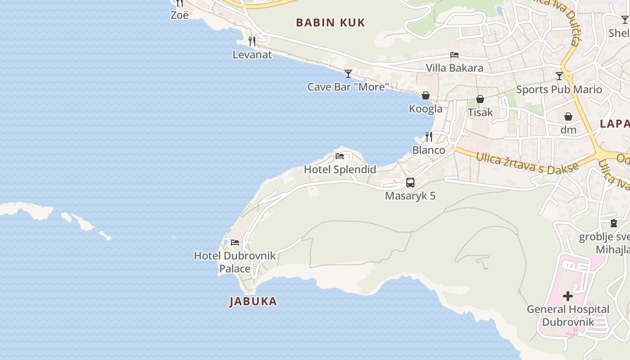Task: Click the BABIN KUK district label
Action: [x=330, y=22]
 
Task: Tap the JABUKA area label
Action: [x=253, y=301]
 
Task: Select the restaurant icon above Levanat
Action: [x=252, y=41]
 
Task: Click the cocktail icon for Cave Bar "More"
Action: [x=348, y=74]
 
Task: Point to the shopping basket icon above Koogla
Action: [x=425, y=95]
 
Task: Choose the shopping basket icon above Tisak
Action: [x=480, y=99]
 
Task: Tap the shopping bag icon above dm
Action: [x=568, y=117]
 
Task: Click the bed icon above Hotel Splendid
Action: [x=340, y=156]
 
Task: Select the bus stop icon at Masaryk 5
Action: [x=410, y=183]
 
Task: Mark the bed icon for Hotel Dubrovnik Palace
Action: [x=235, y=243]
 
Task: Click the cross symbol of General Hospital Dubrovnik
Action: [x=568, y=296]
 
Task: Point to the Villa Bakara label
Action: [x=454, y=68]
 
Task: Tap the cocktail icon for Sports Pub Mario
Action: [x=559, y=76]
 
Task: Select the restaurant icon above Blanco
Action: [x=429, y=136]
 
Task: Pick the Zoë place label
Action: [x=179, y=15]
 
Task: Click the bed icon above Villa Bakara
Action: [x=454, y=55]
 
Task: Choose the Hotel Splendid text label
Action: [x=340, y=170]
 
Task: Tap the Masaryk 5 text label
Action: [x=410, y=196]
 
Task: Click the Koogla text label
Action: [x=425, y=109]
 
